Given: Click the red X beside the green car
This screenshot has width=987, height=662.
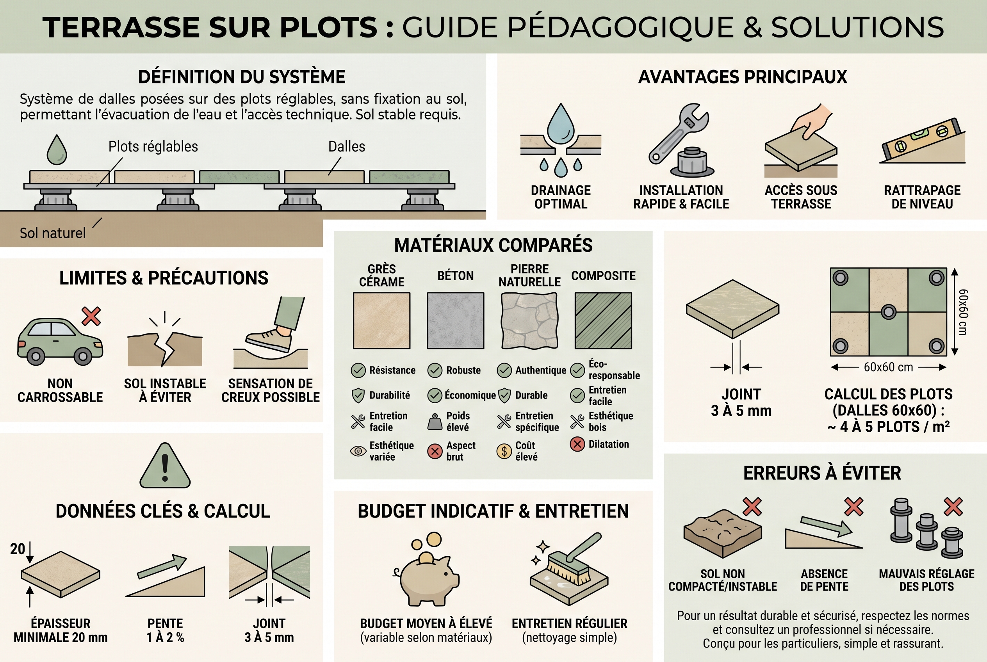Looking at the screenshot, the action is [x=91, y=316].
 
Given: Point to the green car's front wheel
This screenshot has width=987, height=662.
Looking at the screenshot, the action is [x=83, y=356].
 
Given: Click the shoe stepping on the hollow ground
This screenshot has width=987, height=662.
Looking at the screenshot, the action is [x=269, y=339].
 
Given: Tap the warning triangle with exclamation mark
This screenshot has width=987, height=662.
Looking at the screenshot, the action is [x=165, y=466].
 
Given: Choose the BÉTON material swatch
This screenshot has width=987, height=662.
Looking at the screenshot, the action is [x=455, y=321].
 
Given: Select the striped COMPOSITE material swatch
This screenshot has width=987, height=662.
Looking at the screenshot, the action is [x=603, y=321].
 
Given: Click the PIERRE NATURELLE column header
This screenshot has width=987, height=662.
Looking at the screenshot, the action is [x=529, y=275].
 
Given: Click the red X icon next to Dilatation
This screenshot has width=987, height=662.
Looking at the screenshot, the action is [x=577, y=444].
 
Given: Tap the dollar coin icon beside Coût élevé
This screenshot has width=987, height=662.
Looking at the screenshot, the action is [x=504, y=451].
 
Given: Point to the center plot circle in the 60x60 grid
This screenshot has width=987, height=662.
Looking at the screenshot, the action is [x=889, y=312].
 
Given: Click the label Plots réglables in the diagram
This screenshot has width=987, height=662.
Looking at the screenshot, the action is [x=153, y=146].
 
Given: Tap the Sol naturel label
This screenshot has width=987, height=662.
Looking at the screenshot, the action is [x=53, y=233].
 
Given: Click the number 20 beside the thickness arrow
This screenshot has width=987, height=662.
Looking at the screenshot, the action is [x=17, y=549].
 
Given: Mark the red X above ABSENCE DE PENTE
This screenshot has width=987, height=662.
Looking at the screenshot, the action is [x=853, y=507].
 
